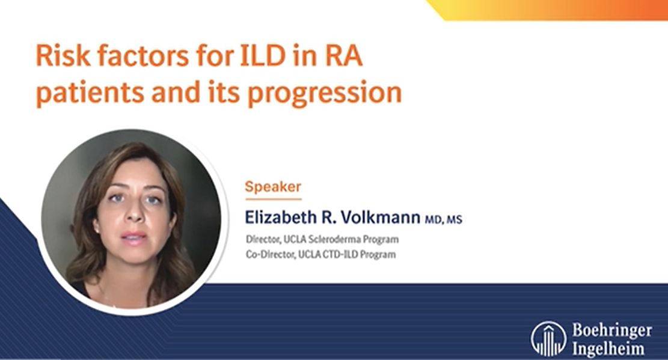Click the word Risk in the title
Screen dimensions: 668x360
pyautogui.click(x=63, y=55)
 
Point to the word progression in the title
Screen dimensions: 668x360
pyautogui.click(x=325, y=93)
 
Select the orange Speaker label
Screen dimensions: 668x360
pyautogui.click(x=273, y=186)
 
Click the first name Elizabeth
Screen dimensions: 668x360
pyautogui.click(x=281, y=218)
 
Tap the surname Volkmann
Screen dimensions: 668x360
pyautogui.click(x=381, y=218)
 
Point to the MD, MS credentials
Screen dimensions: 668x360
pyautogui.click(x=444, y=219)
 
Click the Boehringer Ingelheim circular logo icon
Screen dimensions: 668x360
pyautogui.click(x=549, y=339)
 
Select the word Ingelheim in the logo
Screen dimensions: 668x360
pyautogui.click(x=608, y=349)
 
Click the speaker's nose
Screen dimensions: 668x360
pyautogui.click(x=134, y=212)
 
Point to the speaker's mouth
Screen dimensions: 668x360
pyautogui.click(x=133, y=236)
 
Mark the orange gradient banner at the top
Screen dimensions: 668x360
pyautogui.click(x=547, y=10)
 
